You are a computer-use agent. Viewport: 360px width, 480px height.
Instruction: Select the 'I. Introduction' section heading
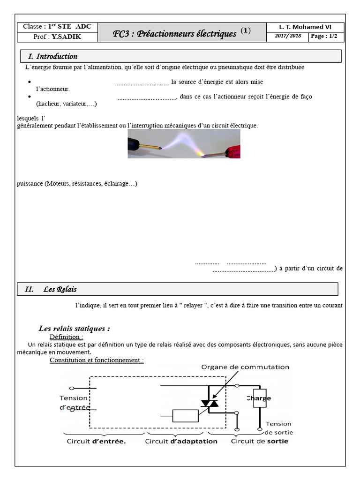click(56, 56)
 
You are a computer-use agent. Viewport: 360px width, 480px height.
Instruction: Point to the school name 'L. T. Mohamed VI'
click(305, 27)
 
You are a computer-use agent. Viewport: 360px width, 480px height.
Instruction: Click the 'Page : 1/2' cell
click(326, 36)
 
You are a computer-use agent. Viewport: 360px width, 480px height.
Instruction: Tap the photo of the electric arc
click(184, 143)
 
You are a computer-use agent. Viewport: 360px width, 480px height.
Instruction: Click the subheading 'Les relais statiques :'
click(74, 329)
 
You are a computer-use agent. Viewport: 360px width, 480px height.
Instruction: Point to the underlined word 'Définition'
click(66, 337)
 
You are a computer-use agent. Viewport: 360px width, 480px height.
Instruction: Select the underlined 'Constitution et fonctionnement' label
click(97, 360)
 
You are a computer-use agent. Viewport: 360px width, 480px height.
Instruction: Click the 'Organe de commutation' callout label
click(245, 367)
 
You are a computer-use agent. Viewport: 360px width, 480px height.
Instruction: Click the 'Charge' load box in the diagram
click(259, 399)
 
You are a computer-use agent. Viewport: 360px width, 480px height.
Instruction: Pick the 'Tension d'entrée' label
click(75, 403)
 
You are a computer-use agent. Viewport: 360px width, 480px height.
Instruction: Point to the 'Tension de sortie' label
click(279, 427)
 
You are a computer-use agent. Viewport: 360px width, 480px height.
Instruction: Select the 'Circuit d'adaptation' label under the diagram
click(181, 441)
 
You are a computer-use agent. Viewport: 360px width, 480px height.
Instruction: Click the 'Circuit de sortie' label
click(260, 441)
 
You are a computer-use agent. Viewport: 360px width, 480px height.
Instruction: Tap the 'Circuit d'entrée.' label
click(96, 441)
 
